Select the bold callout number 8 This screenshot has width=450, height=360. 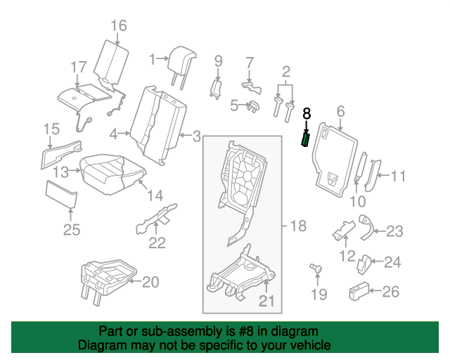point(307,113)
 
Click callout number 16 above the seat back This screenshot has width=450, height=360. point(119,25)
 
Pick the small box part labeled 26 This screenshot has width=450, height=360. point(359,291)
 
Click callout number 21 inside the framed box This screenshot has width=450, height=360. point(266,300)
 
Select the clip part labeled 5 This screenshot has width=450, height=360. point(254,106)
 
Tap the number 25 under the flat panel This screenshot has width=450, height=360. point(72,230)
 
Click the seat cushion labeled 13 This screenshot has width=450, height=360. point(112,174)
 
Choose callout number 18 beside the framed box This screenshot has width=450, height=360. point(298,226)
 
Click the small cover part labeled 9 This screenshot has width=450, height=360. point(215,89)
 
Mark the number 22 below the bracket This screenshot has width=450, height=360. point(157,243)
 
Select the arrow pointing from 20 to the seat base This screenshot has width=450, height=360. point(135,281)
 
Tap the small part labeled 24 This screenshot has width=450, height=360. point(364,264)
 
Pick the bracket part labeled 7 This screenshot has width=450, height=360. point(252,87)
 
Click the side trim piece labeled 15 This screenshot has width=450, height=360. point(61,154)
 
